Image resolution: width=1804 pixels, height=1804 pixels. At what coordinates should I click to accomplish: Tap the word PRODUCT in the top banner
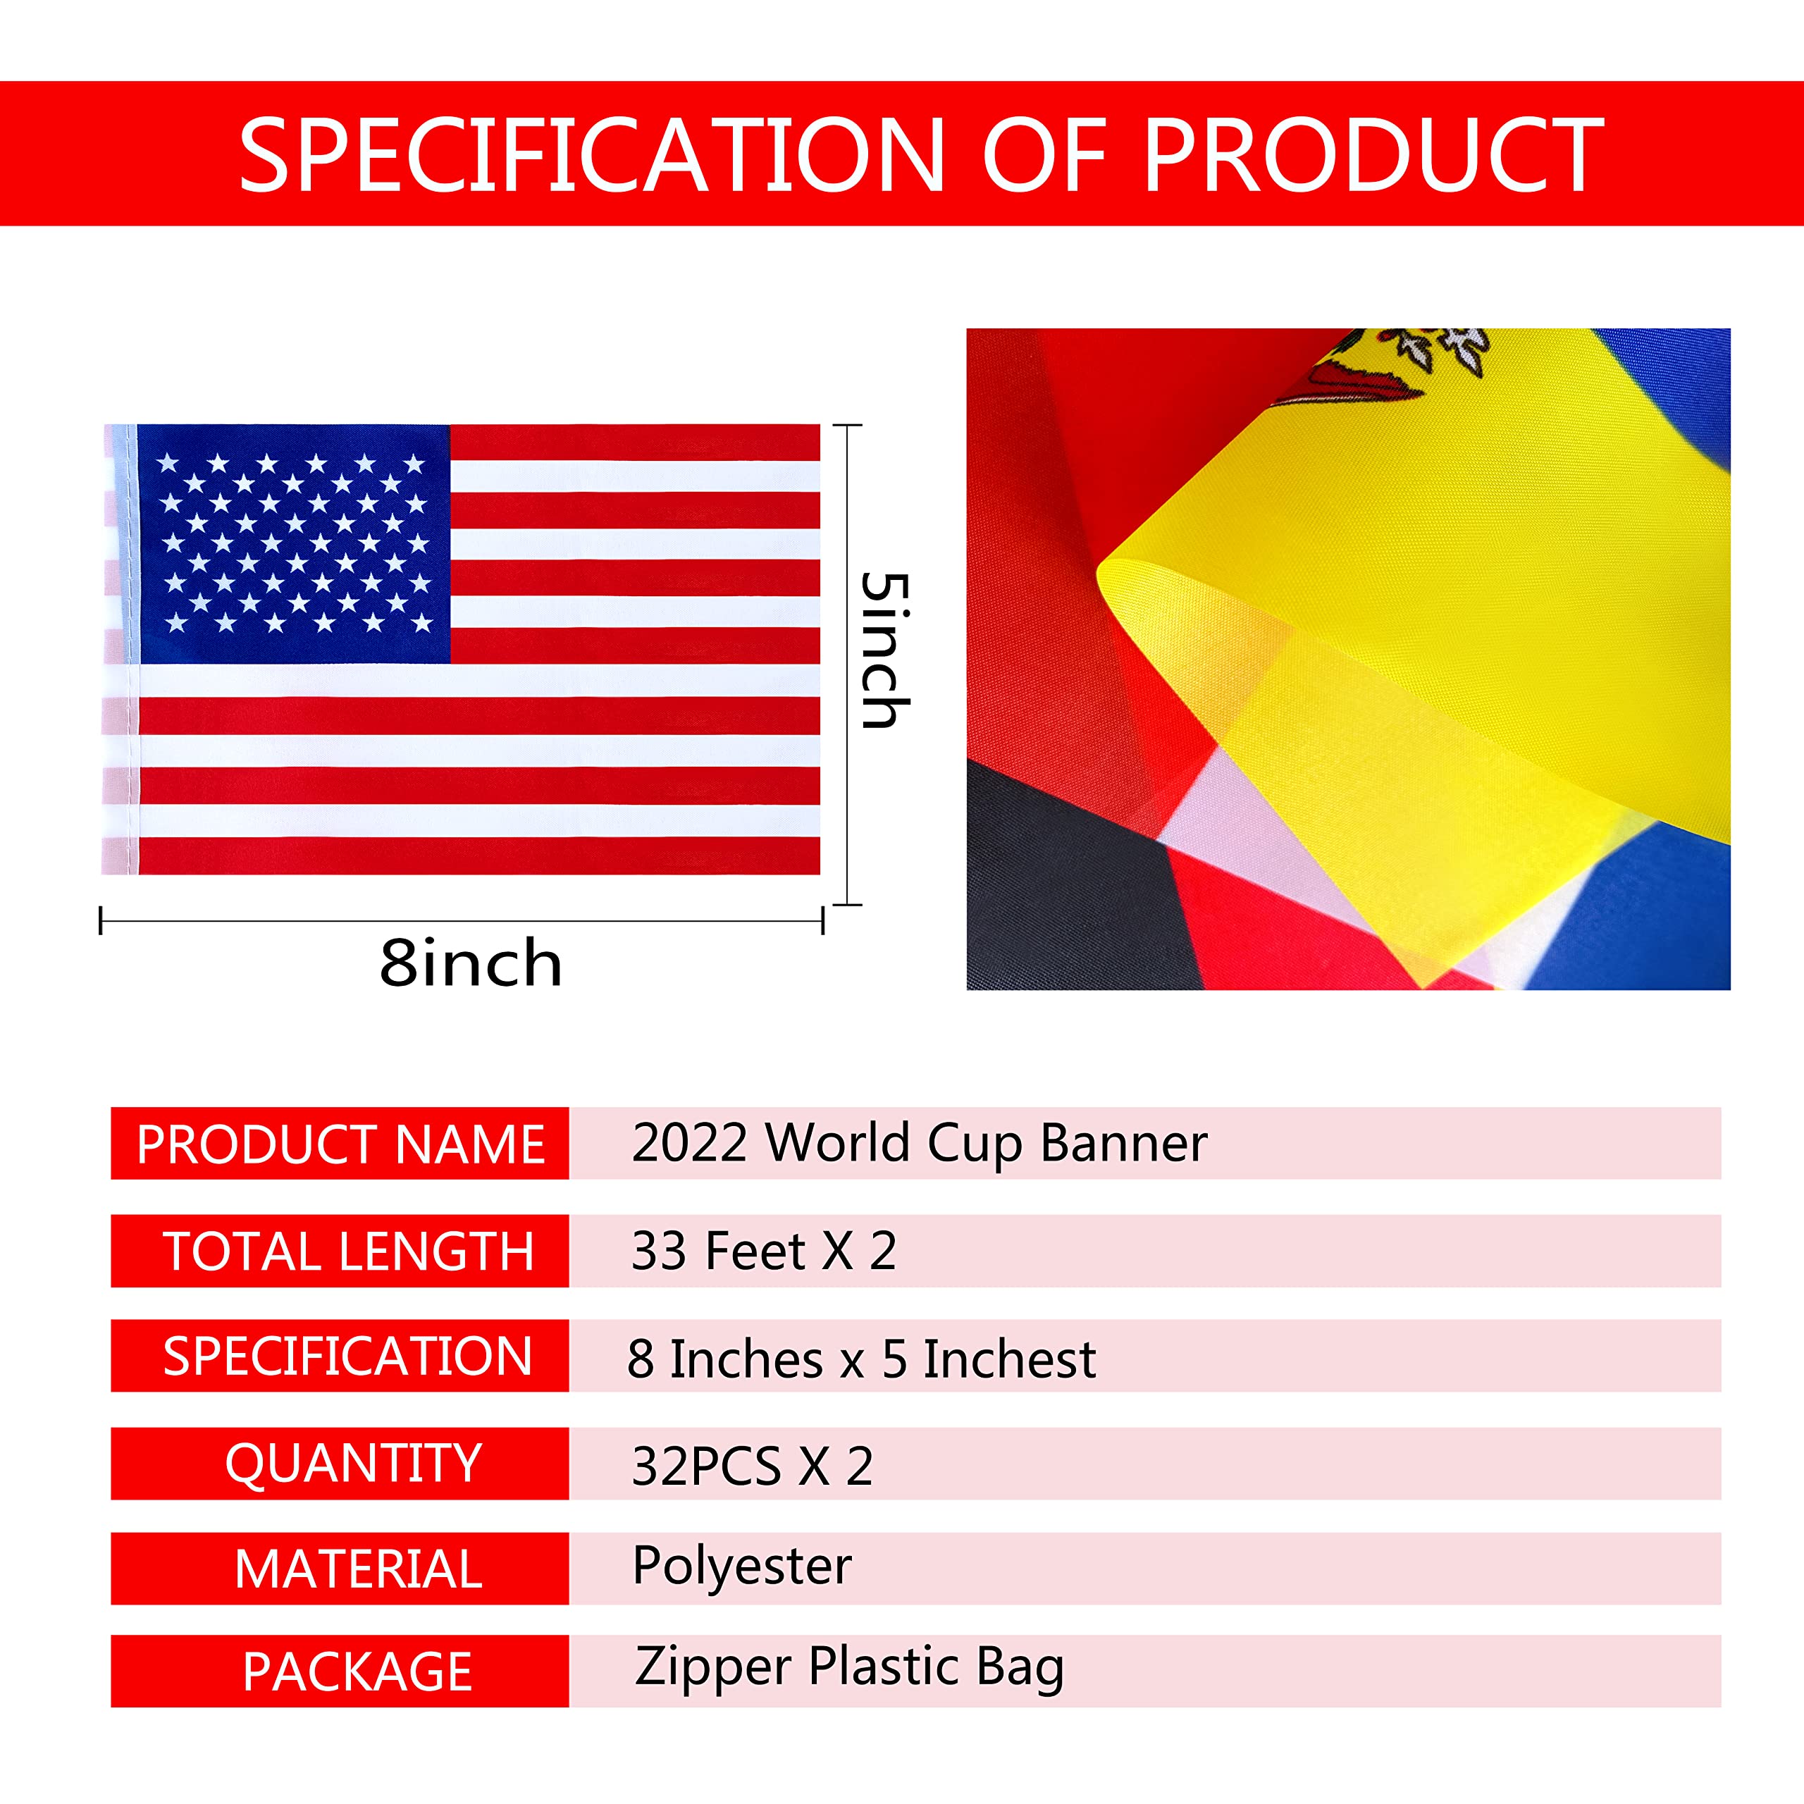1373,155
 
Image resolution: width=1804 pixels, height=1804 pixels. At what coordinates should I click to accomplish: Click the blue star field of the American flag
294,545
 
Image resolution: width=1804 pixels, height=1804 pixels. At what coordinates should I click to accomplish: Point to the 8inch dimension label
471,963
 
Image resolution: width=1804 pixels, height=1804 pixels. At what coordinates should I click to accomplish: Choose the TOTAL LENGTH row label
348,1252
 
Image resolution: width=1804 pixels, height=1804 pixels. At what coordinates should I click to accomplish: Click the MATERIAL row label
359,1569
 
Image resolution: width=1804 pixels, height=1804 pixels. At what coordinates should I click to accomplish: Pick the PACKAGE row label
357,1672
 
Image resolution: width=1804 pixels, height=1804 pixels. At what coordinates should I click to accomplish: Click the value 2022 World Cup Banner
920,1144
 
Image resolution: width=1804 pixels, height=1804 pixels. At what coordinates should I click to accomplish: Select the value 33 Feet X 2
764,1252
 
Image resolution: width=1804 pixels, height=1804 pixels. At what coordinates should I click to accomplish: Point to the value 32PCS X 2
753,1466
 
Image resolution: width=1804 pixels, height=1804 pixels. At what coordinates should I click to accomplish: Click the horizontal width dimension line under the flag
462,921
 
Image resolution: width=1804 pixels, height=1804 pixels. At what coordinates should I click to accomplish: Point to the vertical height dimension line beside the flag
847,665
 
